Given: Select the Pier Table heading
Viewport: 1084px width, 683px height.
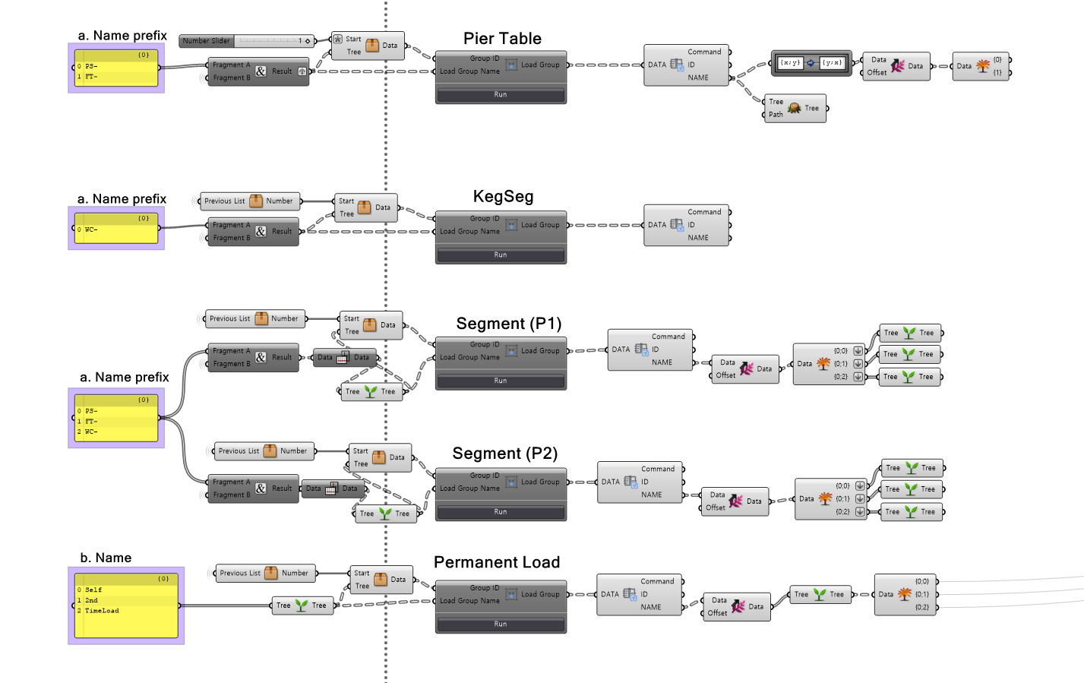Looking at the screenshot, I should point(502,39).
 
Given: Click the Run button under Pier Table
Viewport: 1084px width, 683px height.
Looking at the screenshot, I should point(501,95).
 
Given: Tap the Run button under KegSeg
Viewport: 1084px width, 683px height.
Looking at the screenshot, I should point(501,255).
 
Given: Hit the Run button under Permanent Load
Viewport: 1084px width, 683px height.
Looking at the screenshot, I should point(501,625).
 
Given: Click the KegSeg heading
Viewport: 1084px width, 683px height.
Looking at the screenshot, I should point(503,197).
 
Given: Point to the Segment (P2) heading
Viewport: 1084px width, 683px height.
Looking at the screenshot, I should point(504,454).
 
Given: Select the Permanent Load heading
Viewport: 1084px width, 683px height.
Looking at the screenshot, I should point(497,562).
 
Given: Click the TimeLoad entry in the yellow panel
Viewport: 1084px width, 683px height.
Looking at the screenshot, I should point(102,611).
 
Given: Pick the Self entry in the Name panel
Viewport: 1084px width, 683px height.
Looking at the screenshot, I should point(93,590).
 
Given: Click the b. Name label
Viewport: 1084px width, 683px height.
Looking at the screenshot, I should point(106,558).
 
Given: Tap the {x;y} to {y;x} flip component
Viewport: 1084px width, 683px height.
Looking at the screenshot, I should point(811,63).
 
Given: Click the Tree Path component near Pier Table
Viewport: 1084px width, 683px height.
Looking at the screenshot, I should point(795,108).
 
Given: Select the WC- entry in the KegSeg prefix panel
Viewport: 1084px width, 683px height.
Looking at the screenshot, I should point(91,229).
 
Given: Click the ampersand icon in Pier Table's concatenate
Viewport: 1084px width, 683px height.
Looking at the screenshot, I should point(261,71).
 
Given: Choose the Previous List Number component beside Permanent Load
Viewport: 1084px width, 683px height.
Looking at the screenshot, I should point(264,574).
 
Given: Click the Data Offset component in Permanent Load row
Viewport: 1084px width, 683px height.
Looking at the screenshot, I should point(736,606).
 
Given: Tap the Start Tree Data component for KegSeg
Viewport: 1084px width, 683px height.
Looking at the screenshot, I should point(365,207).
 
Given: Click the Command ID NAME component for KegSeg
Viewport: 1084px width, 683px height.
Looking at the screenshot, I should point(687,225).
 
